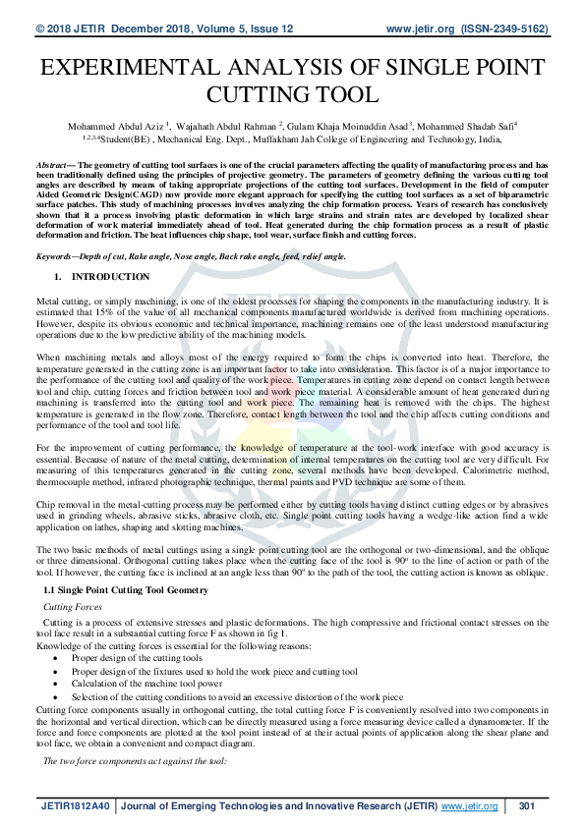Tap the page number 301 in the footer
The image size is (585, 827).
[x=526, y=806]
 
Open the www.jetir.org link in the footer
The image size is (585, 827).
[x=470, y=806]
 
